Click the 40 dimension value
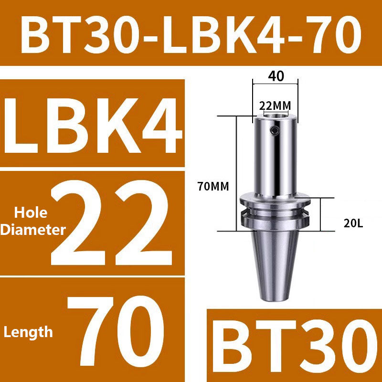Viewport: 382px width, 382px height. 275,76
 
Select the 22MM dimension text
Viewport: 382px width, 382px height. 275,105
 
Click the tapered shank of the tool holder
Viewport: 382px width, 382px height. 276,263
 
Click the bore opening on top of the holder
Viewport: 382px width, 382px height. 275,116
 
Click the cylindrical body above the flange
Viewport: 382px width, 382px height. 275,158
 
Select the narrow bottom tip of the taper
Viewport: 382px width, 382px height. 276,297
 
